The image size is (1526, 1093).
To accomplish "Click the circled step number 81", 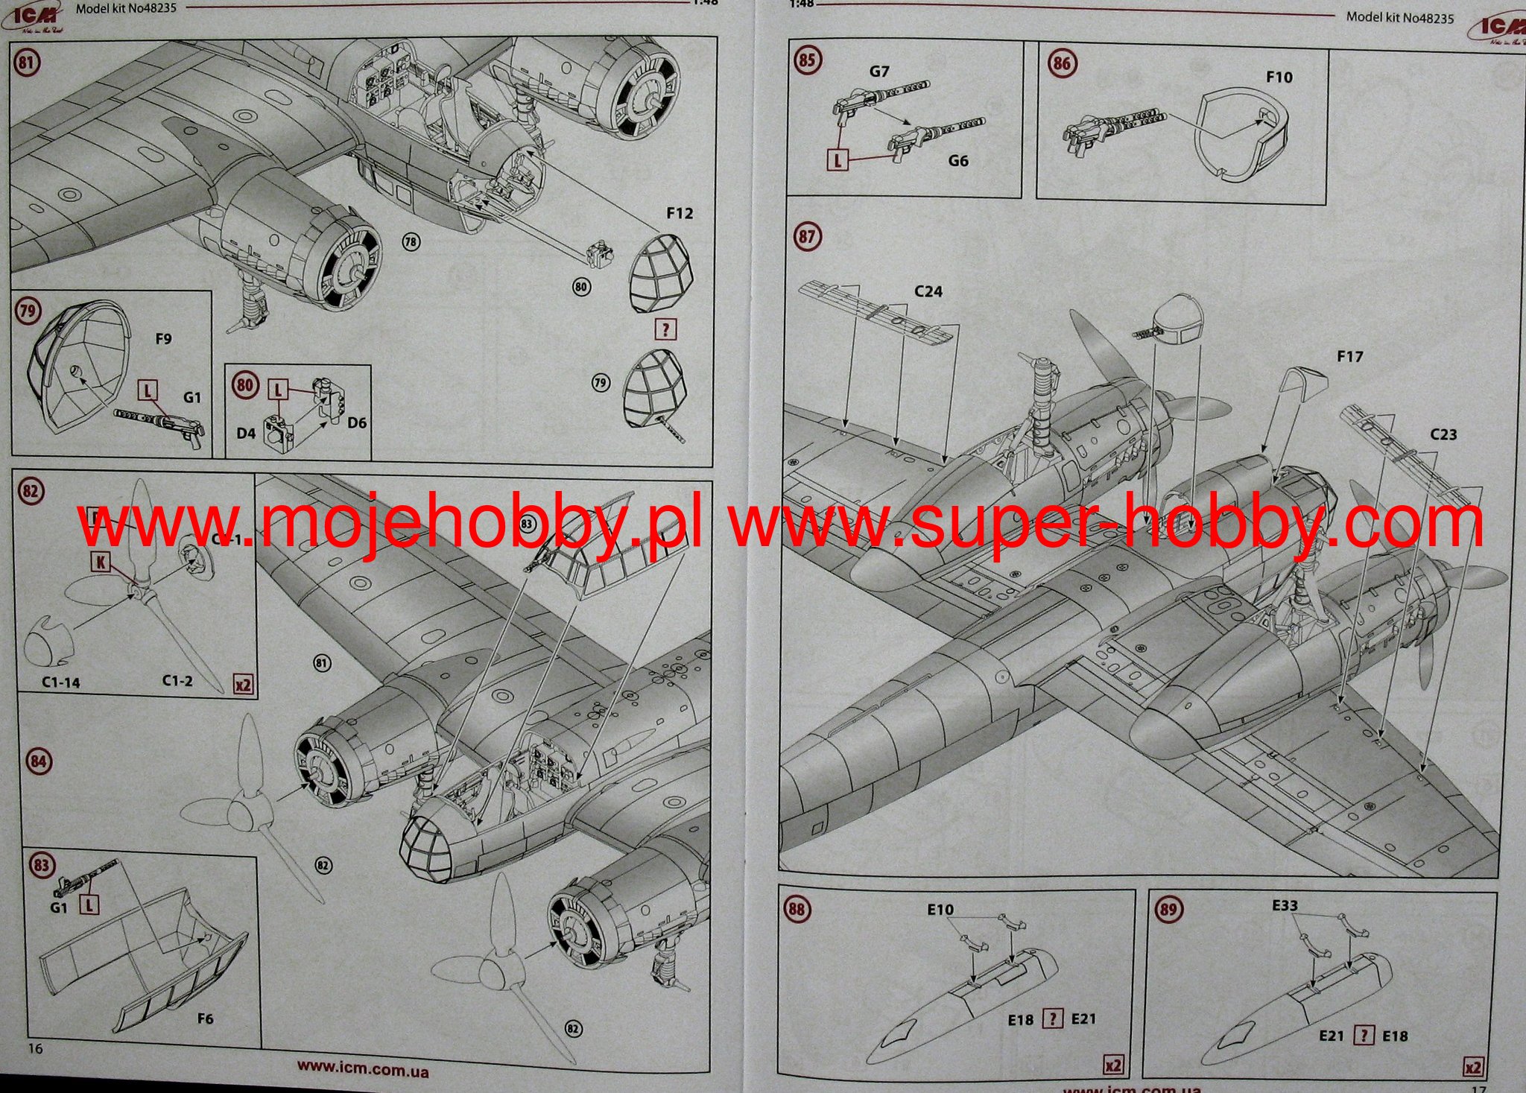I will coord(26,62).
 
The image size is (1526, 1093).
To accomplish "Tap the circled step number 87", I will coord(806,237).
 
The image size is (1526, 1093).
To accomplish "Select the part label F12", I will coord(679,214).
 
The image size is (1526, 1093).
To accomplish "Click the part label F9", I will coord(163,339).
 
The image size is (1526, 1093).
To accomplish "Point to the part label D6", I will coord(357,422).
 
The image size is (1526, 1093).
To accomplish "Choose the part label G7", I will coord(879,72).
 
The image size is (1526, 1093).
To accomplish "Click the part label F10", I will coord(1279,77).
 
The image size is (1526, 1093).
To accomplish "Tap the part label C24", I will coord(928,291).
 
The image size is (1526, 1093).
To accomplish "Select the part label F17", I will coord(1349,357).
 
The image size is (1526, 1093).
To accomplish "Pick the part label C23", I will coord(1443,434).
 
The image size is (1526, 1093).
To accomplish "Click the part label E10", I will coord(940,910).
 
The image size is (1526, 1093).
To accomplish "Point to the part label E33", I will coord(1285,905).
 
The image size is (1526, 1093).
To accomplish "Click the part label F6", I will coord(205,1018).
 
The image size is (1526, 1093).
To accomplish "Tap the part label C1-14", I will coord(60,682).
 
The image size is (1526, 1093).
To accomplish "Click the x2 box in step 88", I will coord(1112,1065).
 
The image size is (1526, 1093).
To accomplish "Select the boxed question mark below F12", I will coord(665,329).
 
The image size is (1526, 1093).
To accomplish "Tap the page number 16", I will coord(34,1048).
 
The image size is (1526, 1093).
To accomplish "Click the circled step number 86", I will coord(1061,63).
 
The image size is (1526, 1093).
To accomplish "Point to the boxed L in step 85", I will coord(838,159).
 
